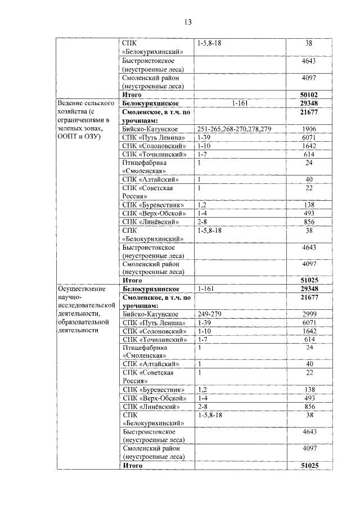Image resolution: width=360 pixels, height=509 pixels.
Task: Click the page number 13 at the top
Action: tap(187, 22)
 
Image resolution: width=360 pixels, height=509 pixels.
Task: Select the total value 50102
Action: tap(309, 95)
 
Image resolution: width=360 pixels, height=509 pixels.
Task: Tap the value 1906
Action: tap(309, 129)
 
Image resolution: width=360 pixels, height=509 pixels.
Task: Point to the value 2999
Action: tap(309, 314)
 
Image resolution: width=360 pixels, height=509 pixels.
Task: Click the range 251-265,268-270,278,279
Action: tap(235, 129)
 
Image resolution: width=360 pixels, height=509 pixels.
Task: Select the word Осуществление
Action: tap(82, 289)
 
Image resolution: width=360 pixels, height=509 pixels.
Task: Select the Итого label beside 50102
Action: tap(133, 95)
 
